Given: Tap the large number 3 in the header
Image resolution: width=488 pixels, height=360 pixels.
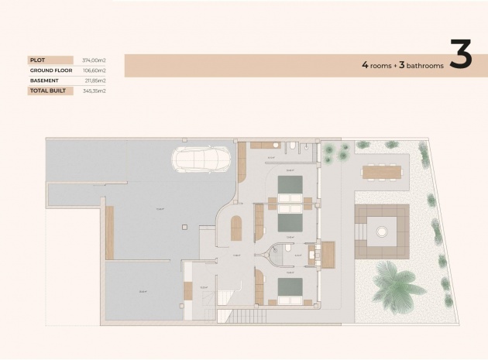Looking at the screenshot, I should (x=460, y=57).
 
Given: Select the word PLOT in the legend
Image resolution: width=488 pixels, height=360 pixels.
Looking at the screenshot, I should (x=37, y=60).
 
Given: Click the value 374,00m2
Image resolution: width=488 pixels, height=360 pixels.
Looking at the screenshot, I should (x=94, y=60).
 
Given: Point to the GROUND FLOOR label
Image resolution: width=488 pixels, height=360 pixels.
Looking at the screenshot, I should (x=51, y=70).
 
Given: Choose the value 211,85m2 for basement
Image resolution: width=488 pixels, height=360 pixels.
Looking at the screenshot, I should (x=94, y=80).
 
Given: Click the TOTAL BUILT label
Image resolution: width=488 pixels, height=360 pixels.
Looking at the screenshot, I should (x=48, y=91).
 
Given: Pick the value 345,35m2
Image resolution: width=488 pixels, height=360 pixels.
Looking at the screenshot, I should (x=94, y=91).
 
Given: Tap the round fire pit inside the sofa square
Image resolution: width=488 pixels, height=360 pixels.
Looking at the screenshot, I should (x=380, y=230).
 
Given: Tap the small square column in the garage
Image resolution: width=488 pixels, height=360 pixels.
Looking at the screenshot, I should (x=183, y=226).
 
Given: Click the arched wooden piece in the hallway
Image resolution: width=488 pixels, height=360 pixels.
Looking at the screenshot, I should (x=236, y=228).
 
